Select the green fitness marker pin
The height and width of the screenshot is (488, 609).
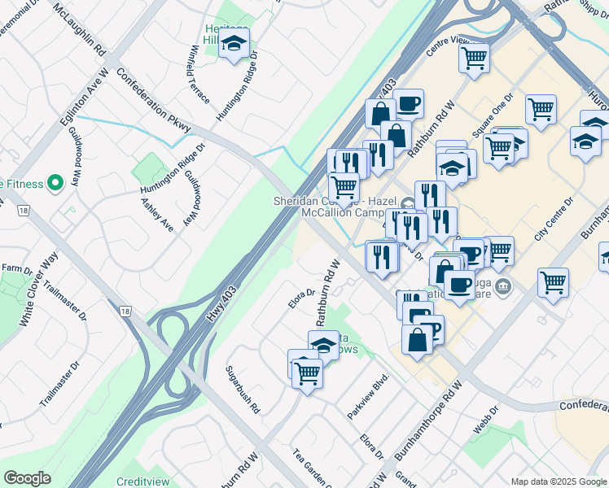[x=55, y=183]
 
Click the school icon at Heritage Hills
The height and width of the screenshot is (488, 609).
[x=234, y=45]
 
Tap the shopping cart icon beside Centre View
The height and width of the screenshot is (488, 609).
[x=474, y=58]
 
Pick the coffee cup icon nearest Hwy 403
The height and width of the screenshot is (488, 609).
[x=408, y=103]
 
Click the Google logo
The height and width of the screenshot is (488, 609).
[x=27, y=478]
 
